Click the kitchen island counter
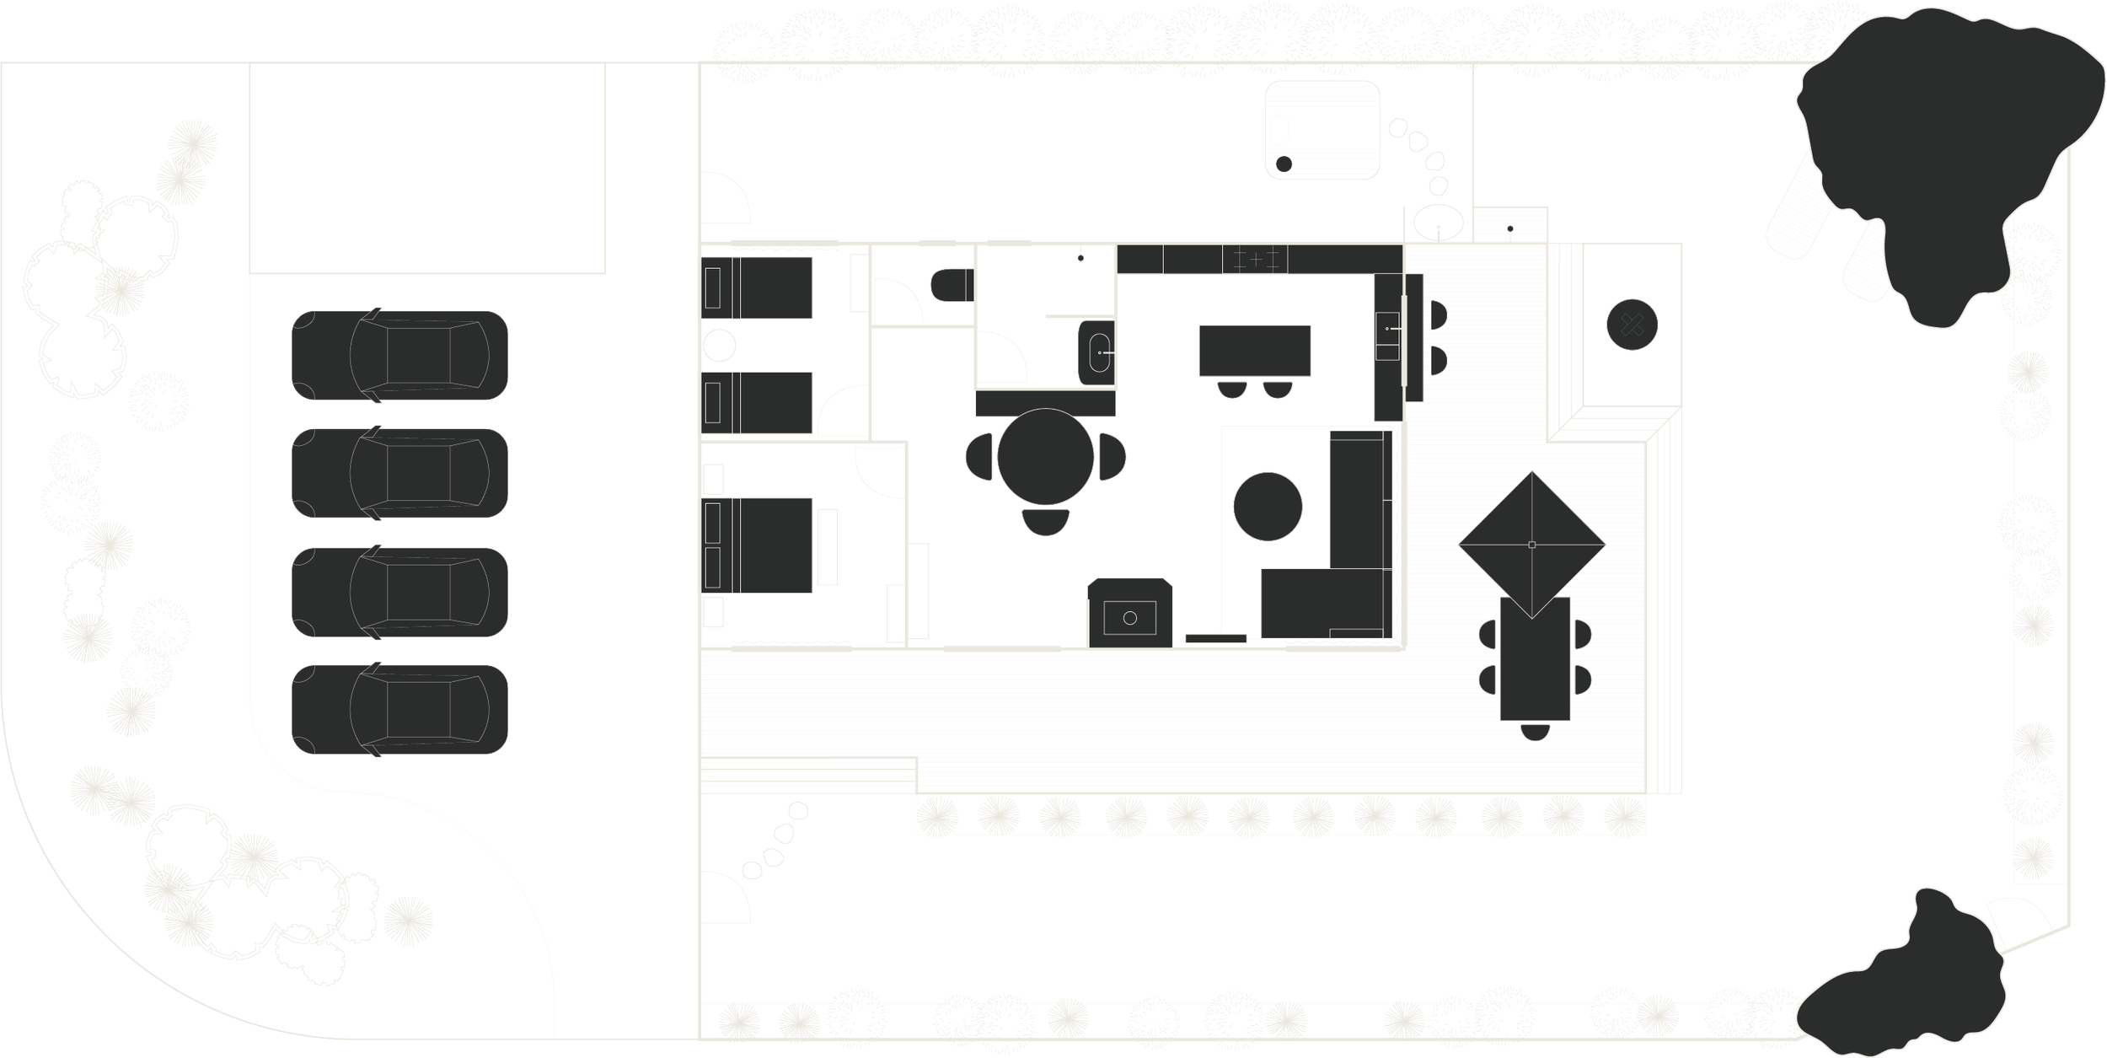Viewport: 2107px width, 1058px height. pyautogui.click(x=1255, y=351)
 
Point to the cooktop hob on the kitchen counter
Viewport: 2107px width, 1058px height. pyautogui.click(x=1255, y=260)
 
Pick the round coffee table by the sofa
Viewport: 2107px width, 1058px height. pyautogui.click(x=1268, y=506)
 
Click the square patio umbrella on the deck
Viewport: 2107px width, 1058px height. pyautogui.click(x=1531, y=545)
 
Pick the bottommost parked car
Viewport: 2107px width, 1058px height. pyautogui.click(x=399, y=709)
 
